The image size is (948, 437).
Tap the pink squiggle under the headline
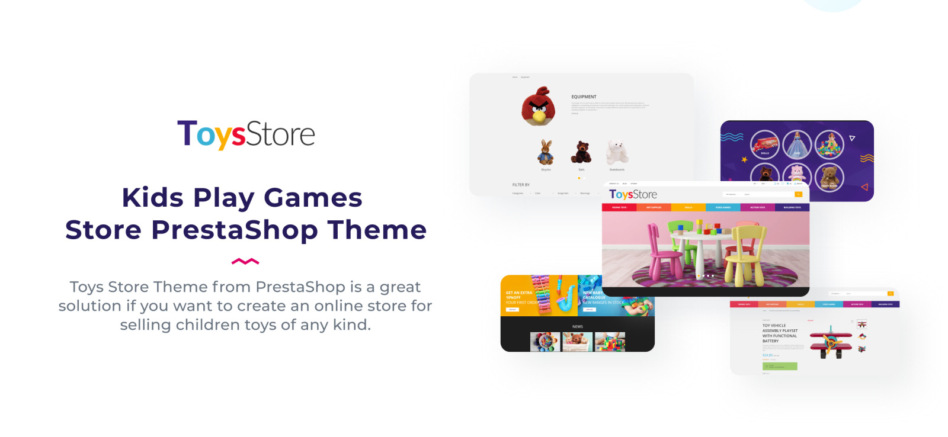tap(245, 261)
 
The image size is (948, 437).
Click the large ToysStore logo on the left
tap(246, 134)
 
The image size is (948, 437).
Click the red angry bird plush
tap(538, 106)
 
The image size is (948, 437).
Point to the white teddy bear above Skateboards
tap(616, 152)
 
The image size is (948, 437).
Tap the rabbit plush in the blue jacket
tap(546, 153)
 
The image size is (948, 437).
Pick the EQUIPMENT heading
tap(584, 97)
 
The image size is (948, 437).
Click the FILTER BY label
tap(521, 185)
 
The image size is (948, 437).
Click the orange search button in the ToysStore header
tap(799, 194)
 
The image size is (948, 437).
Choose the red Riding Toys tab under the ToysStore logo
tap(619, 208)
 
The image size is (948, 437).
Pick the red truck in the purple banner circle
tap(764, 144)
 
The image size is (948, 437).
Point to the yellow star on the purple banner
tap(744, 159)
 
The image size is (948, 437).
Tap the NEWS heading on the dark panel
tap(577, 327)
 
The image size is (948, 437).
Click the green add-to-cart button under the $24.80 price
tap(780, 367)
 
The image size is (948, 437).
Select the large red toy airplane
tap(830, 342)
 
